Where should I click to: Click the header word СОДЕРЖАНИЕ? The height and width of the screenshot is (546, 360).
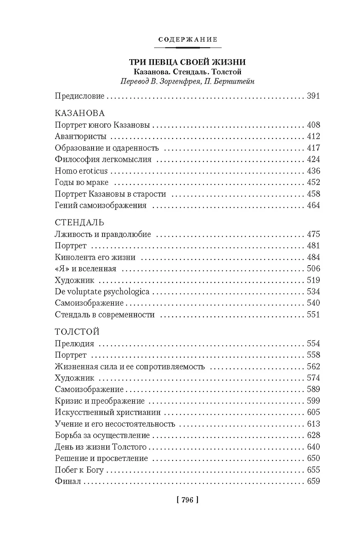(x=188, y=40)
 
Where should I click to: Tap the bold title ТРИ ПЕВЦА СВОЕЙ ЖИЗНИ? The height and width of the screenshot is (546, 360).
(x=187, y=62)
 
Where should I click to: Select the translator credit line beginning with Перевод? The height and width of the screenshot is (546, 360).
(x=187, y=81)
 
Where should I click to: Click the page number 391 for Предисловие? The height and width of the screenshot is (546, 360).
(x=313, y=96)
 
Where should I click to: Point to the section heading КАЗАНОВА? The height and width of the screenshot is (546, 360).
(x=80, y=113)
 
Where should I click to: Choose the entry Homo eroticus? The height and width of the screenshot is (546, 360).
(x=81, y=171)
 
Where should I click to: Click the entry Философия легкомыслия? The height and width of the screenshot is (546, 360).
(x=103, y=159)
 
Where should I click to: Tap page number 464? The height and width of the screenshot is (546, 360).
(x=313, y=205)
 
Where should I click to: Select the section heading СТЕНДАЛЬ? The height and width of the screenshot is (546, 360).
(x=80, y=223)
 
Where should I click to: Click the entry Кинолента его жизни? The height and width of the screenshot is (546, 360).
(x=95, y=257)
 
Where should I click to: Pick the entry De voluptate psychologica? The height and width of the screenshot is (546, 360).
(x=102, y=291)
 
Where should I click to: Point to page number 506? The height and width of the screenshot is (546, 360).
(x=313, y=269)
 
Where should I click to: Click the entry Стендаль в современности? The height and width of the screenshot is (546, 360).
(x=105, y=315)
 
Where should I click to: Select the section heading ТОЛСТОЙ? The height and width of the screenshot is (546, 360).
(x=77, y=332)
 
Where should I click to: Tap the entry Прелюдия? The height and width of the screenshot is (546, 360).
(x=74, y=344)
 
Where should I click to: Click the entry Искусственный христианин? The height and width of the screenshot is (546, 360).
(x=108, y=412)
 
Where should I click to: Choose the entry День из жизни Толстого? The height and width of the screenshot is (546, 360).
(x=101, y=447)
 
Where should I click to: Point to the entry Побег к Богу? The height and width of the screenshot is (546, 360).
(x=79, y=470)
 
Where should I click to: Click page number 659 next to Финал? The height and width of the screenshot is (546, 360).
(x=313, y=481)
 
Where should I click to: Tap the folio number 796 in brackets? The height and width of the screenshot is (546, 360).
(x=188, y=500)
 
